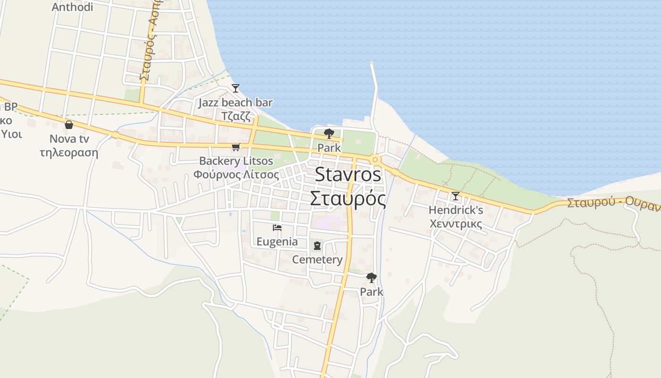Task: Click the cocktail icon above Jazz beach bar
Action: click(236, 88)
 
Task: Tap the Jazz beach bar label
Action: click(236, 103)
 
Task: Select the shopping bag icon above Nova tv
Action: click(69, 125)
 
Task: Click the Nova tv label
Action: click(69, 139)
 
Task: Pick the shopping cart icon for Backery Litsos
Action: click(236, 147)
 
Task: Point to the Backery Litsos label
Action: click(236, 161)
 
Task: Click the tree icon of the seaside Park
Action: click(329, 134)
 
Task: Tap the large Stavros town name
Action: click(348, 174)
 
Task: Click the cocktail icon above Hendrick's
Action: click(455, 196)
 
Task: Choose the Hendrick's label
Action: click(456, 210)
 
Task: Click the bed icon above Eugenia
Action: click(277, 228)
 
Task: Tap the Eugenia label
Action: click(277, 242)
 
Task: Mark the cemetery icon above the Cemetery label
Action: click(317, 246)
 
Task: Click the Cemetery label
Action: click(317, 260)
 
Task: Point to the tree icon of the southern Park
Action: click(372, 278)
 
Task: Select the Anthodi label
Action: click(72, 7)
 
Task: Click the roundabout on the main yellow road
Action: click(375, 159)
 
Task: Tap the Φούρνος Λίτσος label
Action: click(236, 174)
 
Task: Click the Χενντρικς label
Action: click(456, 223)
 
